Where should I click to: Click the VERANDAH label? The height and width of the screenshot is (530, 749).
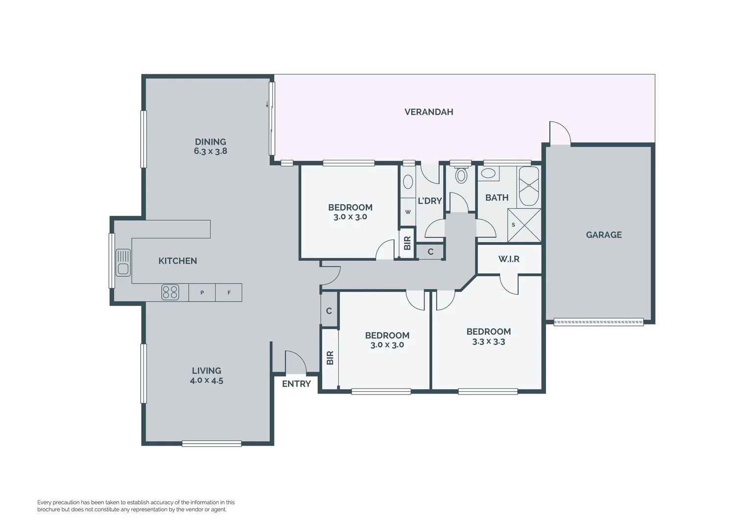pos(428,112)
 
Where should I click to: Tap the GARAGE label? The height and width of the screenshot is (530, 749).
pos(603,235)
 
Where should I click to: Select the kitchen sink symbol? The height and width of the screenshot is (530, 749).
pos(123,263)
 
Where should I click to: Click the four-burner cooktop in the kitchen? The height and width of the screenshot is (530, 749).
pos(170,292)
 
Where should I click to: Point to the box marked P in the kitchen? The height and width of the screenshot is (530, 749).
pos(202,293)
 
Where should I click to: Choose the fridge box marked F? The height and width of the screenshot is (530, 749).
pos(229,293)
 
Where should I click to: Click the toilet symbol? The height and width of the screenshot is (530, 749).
pos(461,175)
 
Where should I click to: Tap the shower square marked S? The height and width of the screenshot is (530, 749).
pos(524,225)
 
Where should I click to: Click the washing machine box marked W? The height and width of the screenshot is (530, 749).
pos(408,212)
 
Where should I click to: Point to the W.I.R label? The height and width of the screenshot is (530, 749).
pos(509,259)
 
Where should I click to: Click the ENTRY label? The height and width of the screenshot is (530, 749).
pos(296,384)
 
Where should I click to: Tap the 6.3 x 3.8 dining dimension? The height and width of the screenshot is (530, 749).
pos(210,151)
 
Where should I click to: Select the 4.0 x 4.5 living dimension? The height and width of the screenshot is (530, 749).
pos(206,380)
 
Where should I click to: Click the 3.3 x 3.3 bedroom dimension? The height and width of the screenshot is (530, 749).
pos(488,342)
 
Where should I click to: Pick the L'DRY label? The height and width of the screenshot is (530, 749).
pos(429,201)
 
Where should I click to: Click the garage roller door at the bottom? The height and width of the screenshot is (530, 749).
pos(598,322)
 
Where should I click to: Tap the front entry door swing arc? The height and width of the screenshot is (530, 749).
pos(296,362)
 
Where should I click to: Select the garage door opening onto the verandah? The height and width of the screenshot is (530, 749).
pos(560,133)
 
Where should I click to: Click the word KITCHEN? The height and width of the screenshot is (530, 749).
pos(177,261)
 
